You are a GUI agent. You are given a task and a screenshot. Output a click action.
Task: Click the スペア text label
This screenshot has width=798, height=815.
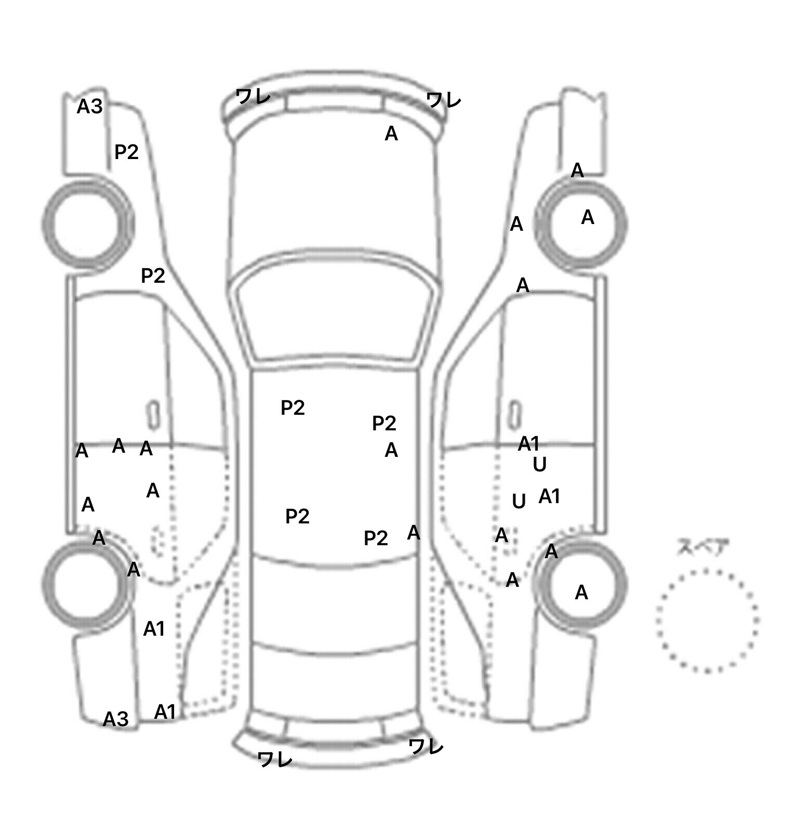pyautogui.click(x=702, y=547)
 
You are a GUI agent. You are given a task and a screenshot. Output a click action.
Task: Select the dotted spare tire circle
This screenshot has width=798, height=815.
pyautogui.click(x=707, y=621)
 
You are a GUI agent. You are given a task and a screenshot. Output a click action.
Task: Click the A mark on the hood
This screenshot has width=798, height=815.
pyautogui.click(x=391, y=134)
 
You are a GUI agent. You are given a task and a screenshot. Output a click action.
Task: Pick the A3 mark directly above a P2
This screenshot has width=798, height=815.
pyautogui.click(x=90, y=107)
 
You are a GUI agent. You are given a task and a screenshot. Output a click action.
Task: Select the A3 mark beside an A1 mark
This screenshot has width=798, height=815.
pyautogui.click(x=115, y=719)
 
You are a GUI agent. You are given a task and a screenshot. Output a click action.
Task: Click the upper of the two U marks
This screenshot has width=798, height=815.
pyautogui.click(x=540, y=464)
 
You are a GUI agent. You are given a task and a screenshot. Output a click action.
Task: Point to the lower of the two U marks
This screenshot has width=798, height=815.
pyautogui.click(x=519, y=502)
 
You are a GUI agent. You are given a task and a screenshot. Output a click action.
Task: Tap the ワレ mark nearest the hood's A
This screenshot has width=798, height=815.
pyautogui.click(x=443, y=100)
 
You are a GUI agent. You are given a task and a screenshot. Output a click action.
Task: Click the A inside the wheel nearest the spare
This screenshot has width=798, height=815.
pyautogui.click(x=581, y=593)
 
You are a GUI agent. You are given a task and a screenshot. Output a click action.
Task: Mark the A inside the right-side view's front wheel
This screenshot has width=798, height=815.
pyautogui.click(x=588, y=217)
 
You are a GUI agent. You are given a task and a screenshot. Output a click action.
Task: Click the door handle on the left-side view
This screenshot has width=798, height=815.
pyautogui.click(x=153, y=415)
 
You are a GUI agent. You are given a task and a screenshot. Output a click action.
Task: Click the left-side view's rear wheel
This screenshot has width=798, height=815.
pyautogui.click(x=87, y=585)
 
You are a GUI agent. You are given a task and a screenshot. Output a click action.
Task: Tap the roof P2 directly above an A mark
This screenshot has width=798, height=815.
pyautogui.click(x=384, y=424)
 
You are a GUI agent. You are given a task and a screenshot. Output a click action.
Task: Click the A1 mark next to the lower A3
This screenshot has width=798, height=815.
pyautogui.click(x=165, y=712)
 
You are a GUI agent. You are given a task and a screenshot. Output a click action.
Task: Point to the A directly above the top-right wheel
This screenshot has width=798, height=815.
pyautogui.click(x=577, y=170)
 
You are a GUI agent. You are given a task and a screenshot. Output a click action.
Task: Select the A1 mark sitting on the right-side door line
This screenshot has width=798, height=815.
pyautogui.click(x=529, y=444)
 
